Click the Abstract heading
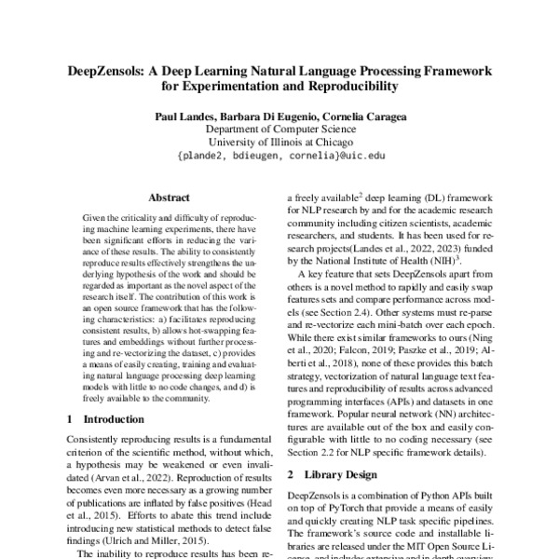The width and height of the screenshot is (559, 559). (169, 198)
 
